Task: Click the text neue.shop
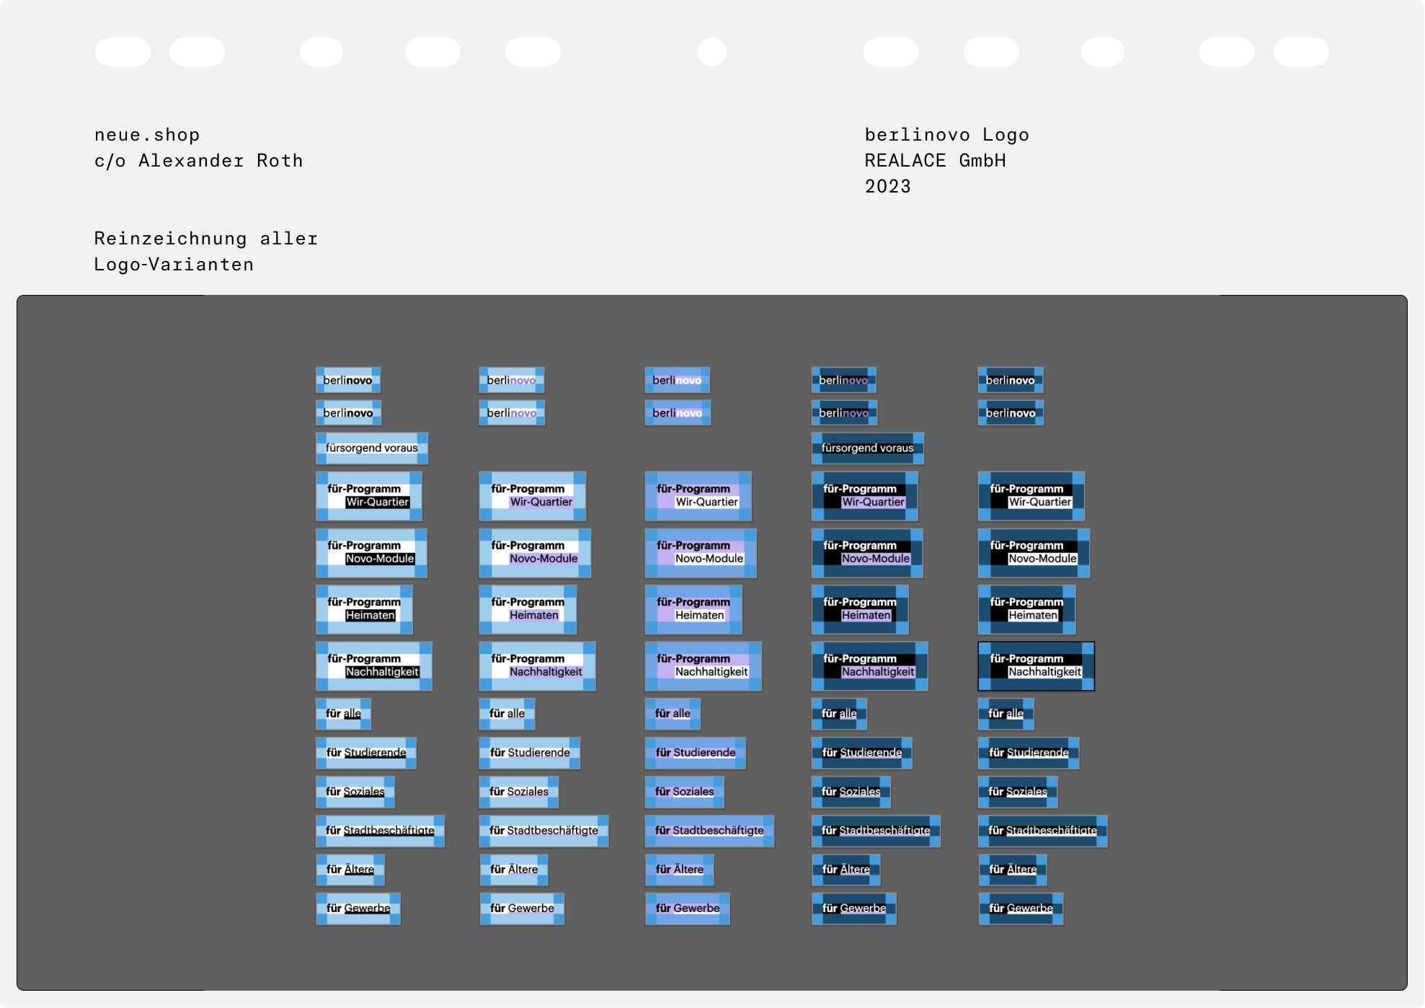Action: pyautogui.click(x=147, y=135)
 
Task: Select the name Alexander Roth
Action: pyautogui.click(x=221, y=161)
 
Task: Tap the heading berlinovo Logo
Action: pyautogui.click(x=946, y=135)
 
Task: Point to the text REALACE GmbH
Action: pyautogui.click(x=935, y=161)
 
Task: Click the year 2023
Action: pyautogui.click(x=887, y=187)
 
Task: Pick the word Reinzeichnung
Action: pyautogui.click(x=170, y=239)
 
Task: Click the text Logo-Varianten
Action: pyautogui.click(x=174, y=265)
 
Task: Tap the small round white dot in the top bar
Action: pyautogui.click(x=711, y=52)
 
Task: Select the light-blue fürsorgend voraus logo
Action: pyautogui.click(x=371, y=448)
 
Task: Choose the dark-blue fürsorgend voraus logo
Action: pyautogui.click(x=867, y=448)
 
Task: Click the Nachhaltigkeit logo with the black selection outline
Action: pyautogui.click(x=1036, y=666)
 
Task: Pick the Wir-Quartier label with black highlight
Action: pyautogui.click(x=377, y=503)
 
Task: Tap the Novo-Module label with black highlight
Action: pyautogui.click(x=380, y=559)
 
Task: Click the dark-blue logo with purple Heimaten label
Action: pyautogui.click(x=860, y=610)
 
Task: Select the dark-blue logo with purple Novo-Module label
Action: pyautogui.click(x=867, y=554)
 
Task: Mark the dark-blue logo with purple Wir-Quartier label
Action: pyautogui.click(x=864, y=497)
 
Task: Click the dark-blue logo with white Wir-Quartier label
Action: pyautogui.click(x=1031, y=497)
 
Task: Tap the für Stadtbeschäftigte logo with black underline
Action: pyautogui.click(x=380, y=831)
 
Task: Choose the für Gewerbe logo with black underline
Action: pyautogui.click(x=358, y=909)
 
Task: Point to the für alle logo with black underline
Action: pyautogui.click(x=343, y=715)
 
